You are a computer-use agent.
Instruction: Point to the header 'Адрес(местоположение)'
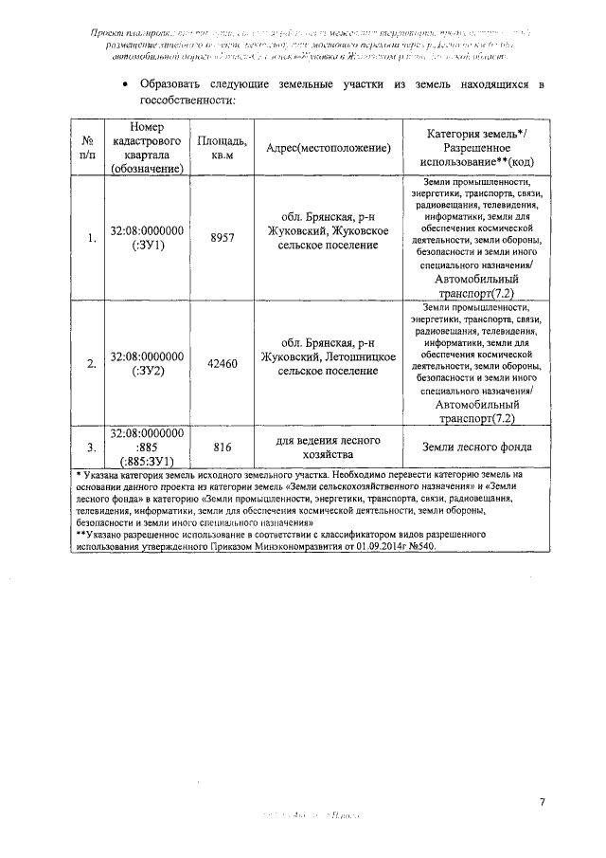[x=329, y=148]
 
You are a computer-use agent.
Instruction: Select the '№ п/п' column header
[x=88, y=148]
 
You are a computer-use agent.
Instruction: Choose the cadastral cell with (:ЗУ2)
[x=147, y=364]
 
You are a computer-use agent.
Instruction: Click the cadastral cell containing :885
[x=147, y=447]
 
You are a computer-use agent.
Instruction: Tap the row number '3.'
[x=90, y=447]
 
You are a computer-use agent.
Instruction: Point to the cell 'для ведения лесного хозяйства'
[x=329, y=447]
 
